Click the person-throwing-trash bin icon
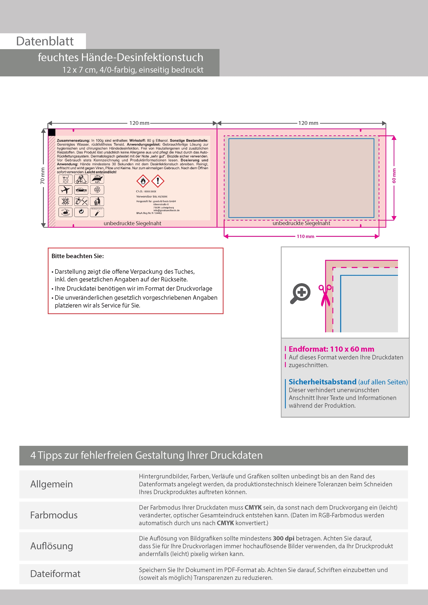(97, 201)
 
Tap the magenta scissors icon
(325, 295)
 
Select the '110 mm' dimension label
(305, 236)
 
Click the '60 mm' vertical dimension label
(394, 176)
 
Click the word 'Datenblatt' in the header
(45, 41)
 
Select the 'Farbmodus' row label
(54, 515)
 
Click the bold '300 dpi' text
(284, 538)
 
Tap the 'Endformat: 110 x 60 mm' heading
(331, 349)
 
